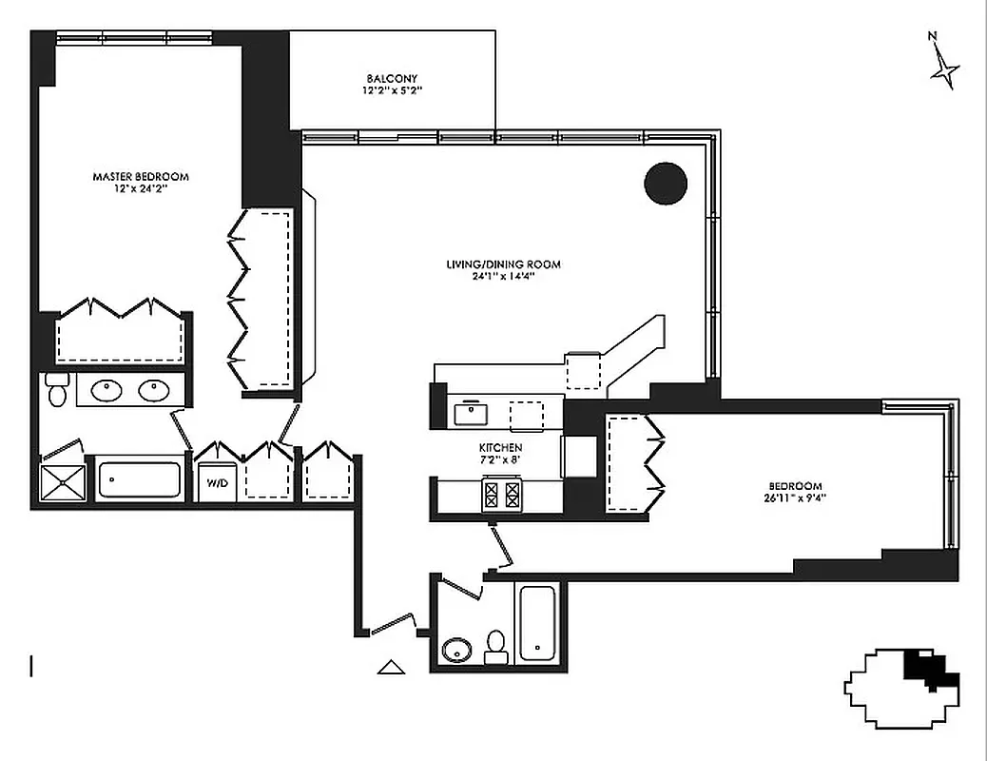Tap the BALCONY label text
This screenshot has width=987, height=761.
(391, 79)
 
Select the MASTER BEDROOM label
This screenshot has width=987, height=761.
(140, 177)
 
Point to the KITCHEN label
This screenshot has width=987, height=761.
(500, 447)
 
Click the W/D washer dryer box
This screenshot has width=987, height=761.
(218, 482)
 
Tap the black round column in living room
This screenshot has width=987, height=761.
(666, 184)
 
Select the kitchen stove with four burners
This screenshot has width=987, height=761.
(503, 493)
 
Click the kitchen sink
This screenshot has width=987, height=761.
(471, 414)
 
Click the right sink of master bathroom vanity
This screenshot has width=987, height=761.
(152, 390)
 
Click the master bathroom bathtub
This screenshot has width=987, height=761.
(140, 479)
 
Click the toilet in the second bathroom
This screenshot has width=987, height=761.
(495, 647)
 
